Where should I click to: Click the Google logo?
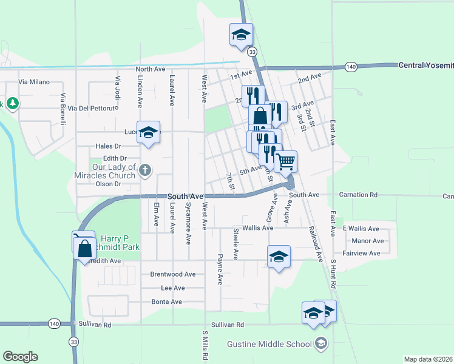point(20,357)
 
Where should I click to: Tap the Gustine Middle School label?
point(269,345)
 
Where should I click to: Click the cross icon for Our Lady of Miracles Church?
point(144,170)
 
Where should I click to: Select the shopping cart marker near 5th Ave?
point(285,162)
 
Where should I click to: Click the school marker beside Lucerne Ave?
point(148,133)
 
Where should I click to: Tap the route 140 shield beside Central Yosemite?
point(350,67)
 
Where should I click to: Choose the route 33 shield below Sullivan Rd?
point(73,342)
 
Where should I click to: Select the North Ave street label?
point(151,70)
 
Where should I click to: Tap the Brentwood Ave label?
point(173,274)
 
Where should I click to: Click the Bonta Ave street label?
point(166,302)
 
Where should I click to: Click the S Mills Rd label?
point(205,346)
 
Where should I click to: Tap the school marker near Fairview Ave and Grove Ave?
point(279,257)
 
